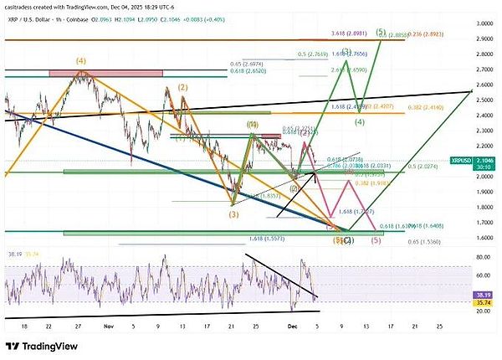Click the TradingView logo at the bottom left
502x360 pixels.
[x=42, y=347]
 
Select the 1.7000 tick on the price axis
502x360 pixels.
[x=480, y=223]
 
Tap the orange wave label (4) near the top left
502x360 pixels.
[x=81, y=61]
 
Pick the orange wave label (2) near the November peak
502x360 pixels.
[x=182, y=87]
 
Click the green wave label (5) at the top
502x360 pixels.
[x=380, y=32]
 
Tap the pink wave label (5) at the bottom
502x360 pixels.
[x=376, y=240]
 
